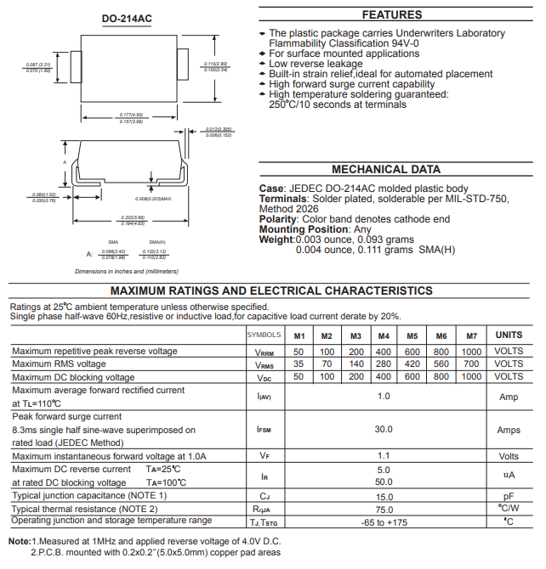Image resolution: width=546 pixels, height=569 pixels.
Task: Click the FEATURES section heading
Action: (x=391, y=14)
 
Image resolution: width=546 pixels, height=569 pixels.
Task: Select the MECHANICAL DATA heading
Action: (x=391, y=169)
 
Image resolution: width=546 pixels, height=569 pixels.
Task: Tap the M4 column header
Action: (x=384, y=335)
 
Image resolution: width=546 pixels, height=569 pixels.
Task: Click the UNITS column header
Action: (x=509, y=335)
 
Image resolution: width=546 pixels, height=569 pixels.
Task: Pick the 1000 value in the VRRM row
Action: (x=471, y=352)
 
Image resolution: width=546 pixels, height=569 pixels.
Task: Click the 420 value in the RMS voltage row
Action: (x=412, y=364)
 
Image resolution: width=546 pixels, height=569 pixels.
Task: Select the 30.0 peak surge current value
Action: (x=384, y=430)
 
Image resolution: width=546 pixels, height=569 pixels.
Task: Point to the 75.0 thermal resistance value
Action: (x=384, y=509)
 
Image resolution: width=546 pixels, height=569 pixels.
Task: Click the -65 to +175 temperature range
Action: (x=384, y=521)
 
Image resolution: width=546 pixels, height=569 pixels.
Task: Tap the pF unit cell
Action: (x=509, y=496)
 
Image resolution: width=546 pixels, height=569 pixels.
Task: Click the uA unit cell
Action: (x=509, y=476)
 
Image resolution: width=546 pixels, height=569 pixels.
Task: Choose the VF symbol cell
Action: (x=264, y=456)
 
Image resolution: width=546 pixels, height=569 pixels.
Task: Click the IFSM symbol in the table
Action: (x=264, y=430)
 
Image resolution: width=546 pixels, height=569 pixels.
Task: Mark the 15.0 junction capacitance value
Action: (x=384, y=496)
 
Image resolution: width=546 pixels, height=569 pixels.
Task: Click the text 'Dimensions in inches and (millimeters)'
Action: (x=127, y=271)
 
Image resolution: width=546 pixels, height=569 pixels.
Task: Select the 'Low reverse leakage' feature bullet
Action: (x=316, y=64)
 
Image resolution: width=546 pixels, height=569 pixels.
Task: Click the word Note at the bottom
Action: (x=20, y=542)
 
